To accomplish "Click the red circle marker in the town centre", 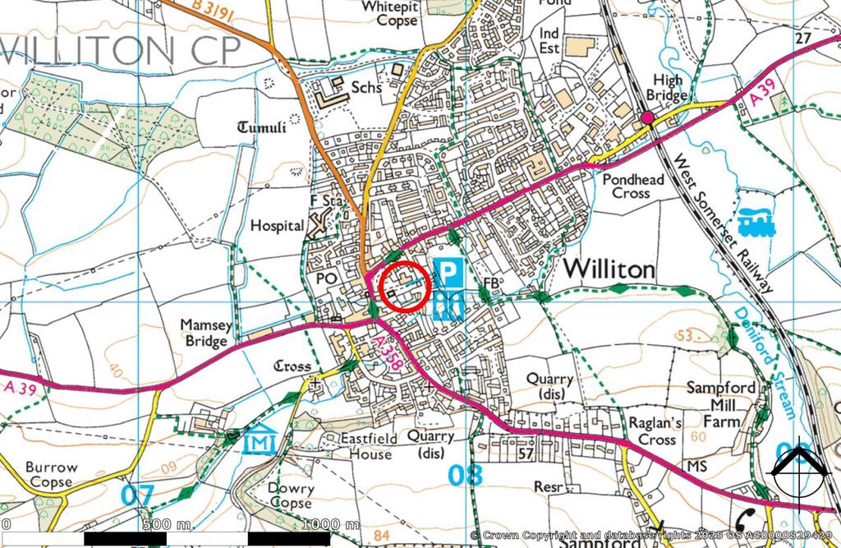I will [407, 287].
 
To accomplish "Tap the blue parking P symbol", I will [448, 272].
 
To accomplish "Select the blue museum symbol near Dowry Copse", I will [260, 442].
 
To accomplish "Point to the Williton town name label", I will [609, 269].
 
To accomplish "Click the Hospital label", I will [277, 225].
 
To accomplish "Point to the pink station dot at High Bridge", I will [648, 118].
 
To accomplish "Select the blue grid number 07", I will [137, 495].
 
